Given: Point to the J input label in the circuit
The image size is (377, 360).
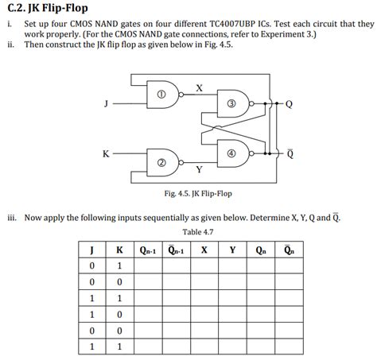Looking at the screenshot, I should (105, 103).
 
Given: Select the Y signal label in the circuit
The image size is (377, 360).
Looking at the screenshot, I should (199, 169).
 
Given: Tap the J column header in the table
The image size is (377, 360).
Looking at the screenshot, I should (93, 250).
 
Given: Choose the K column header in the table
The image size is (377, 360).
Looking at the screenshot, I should (119, 250).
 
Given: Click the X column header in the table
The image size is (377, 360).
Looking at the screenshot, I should (204, 250).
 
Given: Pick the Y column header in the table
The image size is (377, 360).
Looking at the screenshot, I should (232, 250).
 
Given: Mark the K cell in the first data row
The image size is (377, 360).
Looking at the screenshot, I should (119, 265).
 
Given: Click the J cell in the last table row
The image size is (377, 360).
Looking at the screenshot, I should (93, 346).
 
